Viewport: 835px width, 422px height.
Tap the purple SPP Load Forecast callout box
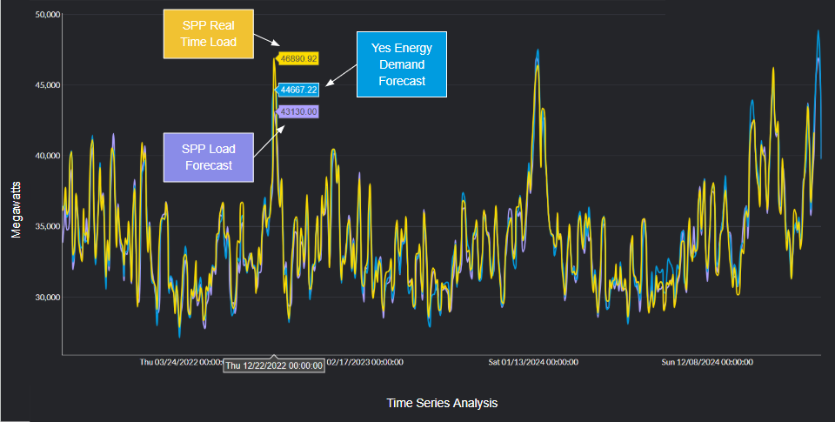(x=208, y=157)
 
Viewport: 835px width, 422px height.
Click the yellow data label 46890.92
(x=297, y=58)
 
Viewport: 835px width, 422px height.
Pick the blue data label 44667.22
(x=297, y=89)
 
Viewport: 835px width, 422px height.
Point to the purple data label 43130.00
(x=297, y=111)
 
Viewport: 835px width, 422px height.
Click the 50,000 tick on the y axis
(x=43, y=15)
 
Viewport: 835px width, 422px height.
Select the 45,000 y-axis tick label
(x=43, y=85)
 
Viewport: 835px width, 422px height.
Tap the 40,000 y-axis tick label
(x=43, y=156)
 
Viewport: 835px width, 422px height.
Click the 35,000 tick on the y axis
(x=43, y=226)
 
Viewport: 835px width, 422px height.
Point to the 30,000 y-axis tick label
(x=43, y=297)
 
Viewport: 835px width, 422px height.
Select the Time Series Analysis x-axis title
(x=442, y=403)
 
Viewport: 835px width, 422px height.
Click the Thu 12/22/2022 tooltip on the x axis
(x=274, y=365)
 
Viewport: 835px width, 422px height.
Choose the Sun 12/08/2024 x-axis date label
(x=705, y=361)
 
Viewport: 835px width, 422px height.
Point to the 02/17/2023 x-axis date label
(x=364, y=361)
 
